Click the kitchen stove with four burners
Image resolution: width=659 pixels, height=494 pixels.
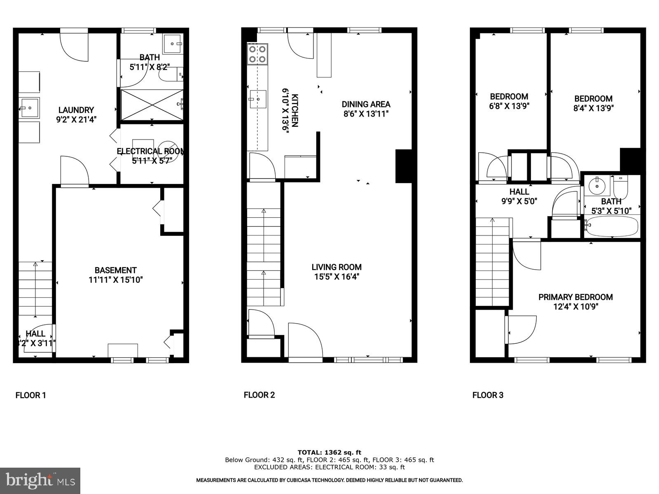[257, 54]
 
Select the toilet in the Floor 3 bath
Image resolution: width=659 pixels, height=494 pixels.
[620, 188]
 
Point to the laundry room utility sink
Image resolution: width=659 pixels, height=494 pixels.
[29, 108]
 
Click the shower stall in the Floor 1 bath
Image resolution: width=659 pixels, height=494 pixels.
[152, 105]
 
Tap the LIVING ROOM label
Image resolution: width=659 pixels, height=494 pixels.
[337, 267]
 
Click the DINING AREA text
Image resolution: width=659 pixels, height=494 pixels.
[366, 104]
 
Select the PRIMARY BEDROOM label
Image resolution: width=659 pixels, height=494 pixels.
[575, 297]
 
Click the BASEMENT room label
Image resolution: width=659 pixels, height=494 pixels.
[115, 270]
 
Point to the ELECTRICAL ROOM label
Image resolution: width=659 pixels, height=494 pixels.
[151, 151]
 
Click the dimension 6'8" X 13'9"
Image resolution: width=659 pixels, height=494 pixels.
[509, 106]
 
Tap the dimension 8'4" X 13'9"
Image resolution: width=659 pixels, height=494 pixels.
[594, 108]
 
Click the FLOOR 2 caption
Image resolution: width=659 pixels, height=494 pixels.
[259, 395]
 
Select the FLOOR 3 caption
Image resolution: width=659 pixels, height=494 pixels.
[488, 395]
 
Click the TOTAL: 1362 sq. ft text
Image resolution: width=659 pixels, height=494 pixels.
[329, 452]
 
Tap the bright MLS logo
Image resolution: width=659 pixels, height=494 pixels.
[40, 480]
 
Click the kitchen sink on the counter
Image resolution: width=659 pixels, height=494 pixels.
[258, 99]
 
